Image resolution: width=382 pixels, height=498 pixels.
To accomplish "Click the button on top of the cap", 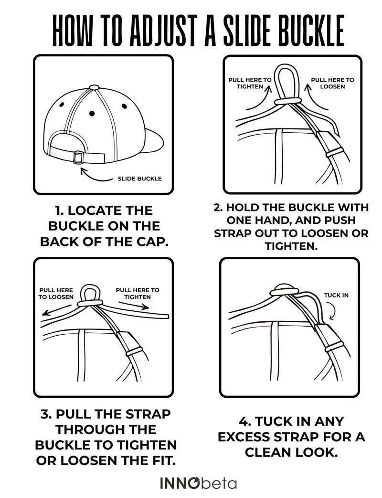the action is click(95, 87).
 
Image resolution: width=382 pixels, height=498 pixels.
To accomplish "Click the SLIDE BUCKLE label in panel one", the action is click(140, 179).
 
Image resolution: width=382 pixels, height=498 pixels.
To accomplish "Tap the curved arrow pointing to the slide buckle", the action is click(95, 175).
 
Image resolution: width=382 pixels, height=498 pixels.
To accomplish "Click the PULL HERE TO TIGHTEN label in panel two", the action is click(250, 83).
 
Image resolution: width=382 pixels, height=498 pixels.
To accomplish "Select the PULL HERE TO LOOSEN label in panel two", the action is click(332, 83).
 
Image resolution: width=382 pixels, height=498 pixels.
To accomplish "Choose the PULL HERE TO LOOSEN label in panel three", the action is click(56, 294).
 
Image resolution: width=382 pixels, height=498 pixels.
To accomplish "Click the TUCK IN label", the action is click(336, 296).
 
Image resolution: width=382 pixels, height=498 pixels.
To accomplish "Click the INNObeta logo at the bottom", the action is click(199, 483).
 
